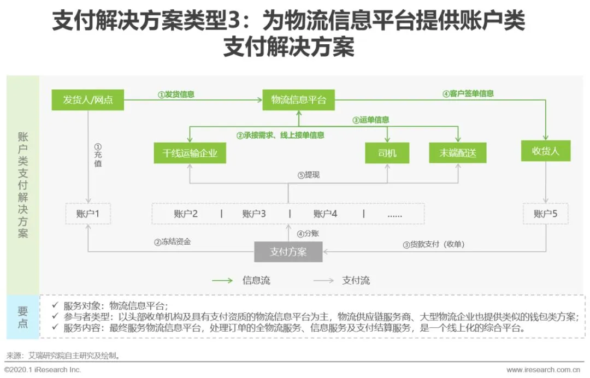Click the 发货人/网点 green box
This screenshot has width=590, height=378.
coord(87,100)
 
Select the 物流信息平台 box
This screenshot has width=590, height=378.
coord(298,100)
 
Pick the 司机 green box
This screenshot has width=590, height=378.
coord(387,153)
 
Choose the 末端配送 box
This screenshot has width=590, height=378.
coord(458,153)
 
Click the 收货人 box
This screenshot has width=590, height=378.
coord(546,151)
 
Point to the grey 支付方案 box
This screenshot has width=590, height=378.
coord(288,252)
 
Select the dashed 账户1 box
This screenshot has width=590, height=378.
coord(88,214)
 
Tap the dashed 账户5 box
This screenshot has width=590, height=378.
coord(545,214)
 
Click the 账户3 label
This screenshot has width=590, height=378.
coord(254,214)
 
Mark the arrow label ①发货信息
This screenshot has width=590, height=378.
coord(176,94)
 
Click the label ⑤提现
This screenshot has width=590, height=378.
coord(308,175)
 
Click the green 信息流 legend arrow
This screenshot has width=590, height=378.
coord(222,281)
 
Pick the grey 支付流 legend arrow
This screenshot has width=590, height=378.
coord(323,281)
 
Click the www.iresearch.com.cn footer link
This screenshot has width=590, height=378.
coord(546,370)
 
